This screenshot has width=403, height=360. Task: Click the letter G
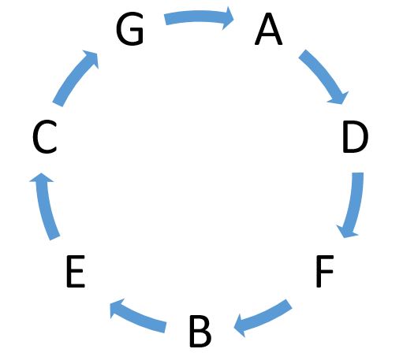click(130, 28)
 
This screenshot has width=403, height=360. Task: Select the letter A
click(268, 29)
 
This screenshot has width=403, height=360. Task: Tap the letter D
click(356, 137)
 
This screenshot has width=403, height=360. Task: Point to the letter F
click(325, 271)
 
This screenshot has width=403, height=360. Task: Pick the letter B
click(200, 332)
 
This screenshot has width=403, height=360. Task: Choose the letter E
click(76, 271)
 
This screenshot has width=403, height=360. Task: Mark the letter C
click(45, 136)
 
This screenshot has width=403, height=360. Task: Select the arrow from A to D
click(325, 74)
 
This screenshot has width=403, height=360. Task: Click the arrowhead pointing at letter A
click(228, 18)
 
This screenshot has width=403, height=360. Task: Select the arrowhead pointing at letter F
click(347, 232)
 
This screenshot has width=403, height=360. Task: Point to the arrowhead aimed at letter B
click(239, 325)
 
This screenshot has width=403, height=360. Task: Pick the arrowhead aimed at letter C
click(41, 178)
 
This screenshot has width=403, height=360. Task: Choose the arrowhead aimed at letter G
click(92, 58)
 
